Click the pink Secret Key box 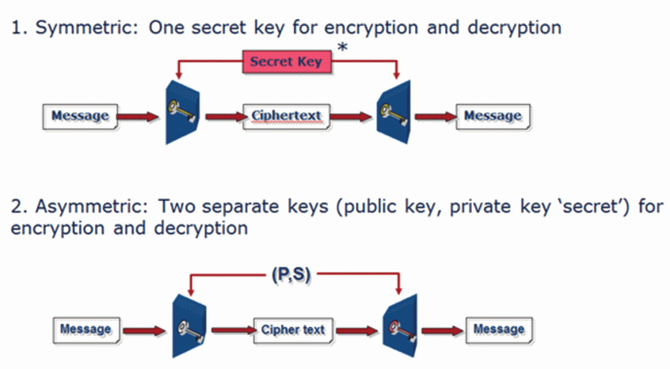[287, 62]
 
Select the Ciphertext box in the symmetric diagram [286, 116]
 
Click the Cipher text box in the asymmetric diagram [292, 330]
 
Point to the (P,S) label [291, 275]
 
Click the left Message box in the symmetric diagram [80, 116]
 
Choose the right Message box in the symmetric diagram [493, 116]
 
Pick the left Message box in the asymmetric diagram [86, 329]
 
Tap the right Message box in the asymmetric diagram [499, 329]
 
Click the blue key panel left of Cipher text [188, 326]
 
